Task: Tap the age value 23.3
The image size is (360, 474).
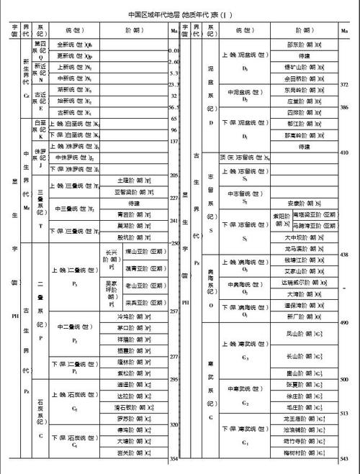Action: pos(174,84)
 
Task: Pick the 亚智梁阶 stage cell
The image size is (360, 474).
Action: pos(134,192)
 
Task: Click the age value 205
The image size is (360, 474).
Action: pos(174,176)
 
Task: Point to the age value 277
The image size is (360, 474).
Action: pos(174,357)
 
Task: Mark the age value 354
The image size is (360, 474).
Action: pos(174,458)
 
